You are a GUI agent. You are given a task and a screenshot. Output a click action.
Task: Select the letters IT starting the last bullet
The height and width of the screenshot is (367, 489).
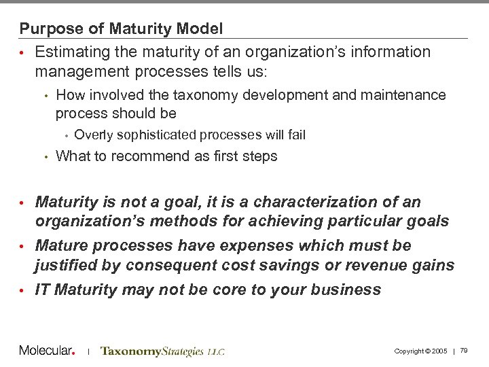click(42, 290)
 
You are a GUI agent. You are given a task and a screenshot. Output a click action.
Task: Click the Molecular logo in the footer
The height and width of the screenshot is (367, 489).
click(46, 351)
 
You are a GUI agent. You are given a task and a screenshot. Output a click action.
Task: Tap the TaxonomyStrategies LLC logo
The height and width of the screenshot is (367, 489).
click(162, 351)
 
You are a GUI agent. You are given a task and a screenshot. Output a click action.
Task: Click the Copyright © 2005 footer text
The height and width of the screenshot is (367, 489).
click(420, 351)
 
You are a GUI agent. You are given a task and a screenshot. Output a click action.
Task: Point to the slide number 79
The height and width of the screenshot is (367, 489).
click(464, 351)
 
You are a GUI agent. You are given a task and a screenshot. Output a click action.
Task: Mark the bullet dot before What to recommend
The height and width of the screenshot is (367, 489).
click(46, 157)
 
